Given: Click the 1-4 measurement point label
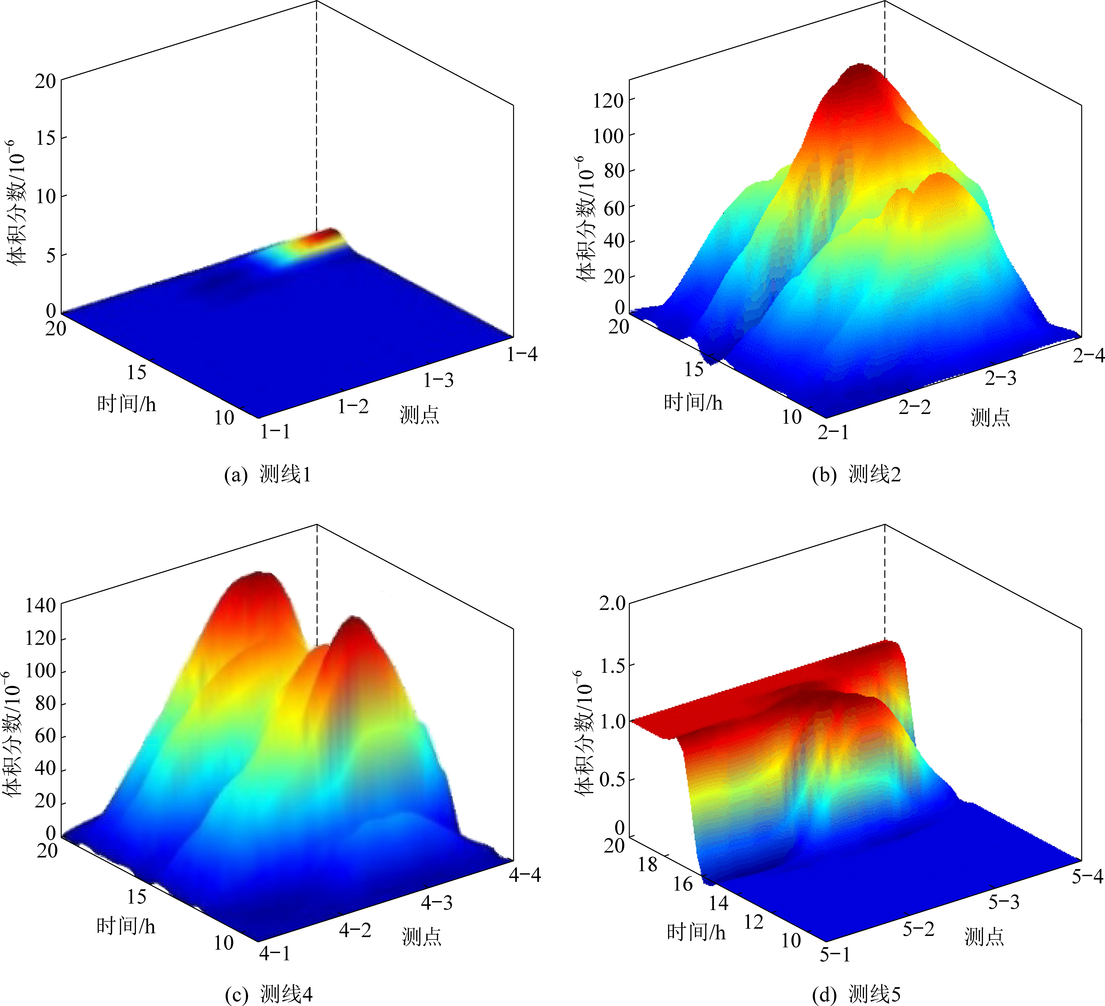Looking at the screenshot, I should pyautogui.click(x=522, y=355).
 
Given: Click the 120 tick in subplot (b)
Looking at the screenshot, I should pyautogui.click(x=608, y=100).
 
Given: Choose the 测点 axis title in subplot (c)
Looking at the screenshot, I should pyautogui.click(x=421, y=937).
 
